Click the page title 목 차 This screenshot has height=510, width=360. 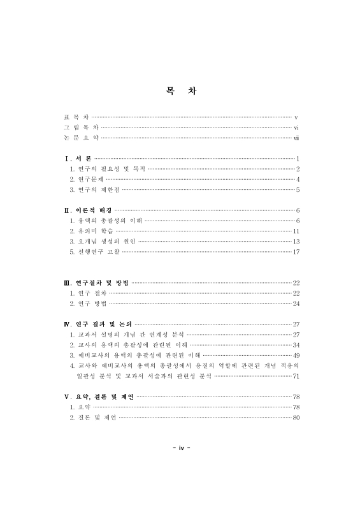180,91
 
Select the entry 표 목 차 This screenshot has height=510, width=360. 77,117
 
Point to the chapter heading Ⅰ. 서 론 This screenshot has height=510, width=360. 78,157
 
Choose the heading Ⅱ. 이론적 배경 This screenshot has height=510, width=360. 87,210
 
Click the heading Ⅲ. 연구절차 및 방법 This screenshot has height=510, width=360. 96,282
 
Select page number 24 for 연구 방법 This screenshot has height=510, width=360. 296,303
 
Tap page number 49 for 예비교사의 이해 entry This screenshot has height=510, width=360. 296,355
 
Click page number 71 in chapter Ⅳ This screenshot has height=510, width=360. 296,376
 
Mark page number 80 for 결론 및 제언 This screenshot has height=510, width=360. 296,418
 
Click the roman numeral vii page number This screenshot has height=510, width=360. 296,138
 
